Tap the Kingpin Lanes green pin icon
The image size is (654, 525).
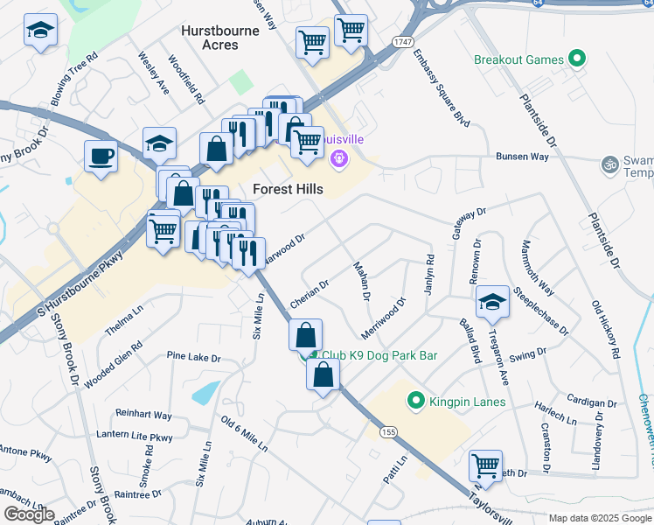coord(417,402)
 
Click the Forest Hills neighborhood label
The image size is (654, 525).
coord(288,189)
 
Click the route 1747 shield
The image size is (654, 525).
coord(403,42)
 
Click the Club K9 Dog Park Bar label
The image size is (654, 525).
coord(379,355)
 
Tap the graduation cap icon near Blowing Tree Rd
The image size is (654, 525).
coord(39,31)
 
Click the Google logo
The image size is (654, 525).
coord(29,514)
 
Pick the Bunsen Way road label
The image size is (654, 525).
coord(522,157)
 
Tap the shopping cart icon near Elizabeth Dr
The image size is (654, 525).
coord(485,465)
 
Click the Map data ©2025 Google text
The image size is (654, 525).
coord(600,518)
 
